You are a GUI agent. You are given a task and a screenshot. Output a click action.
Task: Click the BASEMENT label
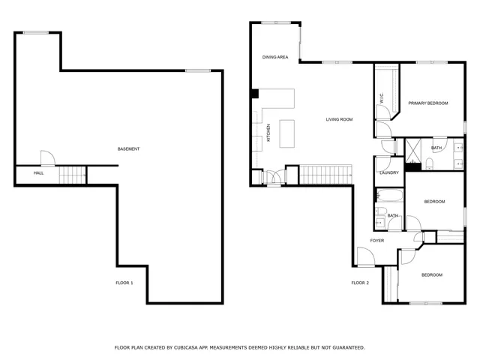(x=128, y=149)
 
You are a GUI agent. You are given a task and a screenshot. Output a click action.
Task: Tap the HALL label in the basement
(x=38, y=173)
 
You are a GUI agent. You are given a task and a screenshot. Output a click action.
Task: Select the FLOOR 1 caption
(x=124, y=283)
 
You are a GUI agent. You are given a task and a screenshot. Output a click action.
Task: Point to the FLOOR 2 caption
(x=360, y=283)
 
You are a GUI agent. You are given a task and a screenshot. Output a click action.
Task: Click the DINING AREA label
(x=275, y=57)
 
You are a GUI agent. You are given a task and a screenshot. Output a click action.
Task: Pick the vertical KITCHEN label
(x=268, y=133)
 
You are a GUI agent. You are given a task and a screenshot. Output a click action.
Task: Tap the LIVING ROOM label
(x=339, y=119)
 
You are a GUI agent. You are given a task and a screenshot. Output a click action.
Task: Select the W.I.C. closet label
(x=382, y=98)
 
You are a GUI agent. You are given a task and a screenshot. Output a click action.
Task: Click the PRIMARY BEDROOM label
(x=427, y=103)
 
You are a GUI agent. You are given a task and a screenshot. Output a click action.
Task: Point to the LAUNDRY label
(x=388, y=173)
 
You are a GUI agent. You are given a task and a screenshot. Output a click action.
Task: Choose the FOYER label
(x=376, y=241)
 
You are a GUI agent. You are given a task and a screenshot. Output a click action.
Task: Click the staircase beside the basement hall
(x=73, y=175)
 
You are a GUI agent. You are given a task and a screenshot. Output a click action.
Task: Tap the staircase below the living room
(x=325, y=175)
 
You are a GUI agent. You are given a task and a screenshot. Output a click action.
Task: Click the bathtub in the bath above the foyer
(x=390, y=197)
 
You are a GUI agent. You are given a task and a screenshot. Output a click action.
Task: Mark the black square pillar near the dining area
(x=255, y=94)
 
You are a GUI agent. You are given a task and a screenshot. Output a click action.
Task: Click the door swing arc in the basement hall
(x=46, y=157)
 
